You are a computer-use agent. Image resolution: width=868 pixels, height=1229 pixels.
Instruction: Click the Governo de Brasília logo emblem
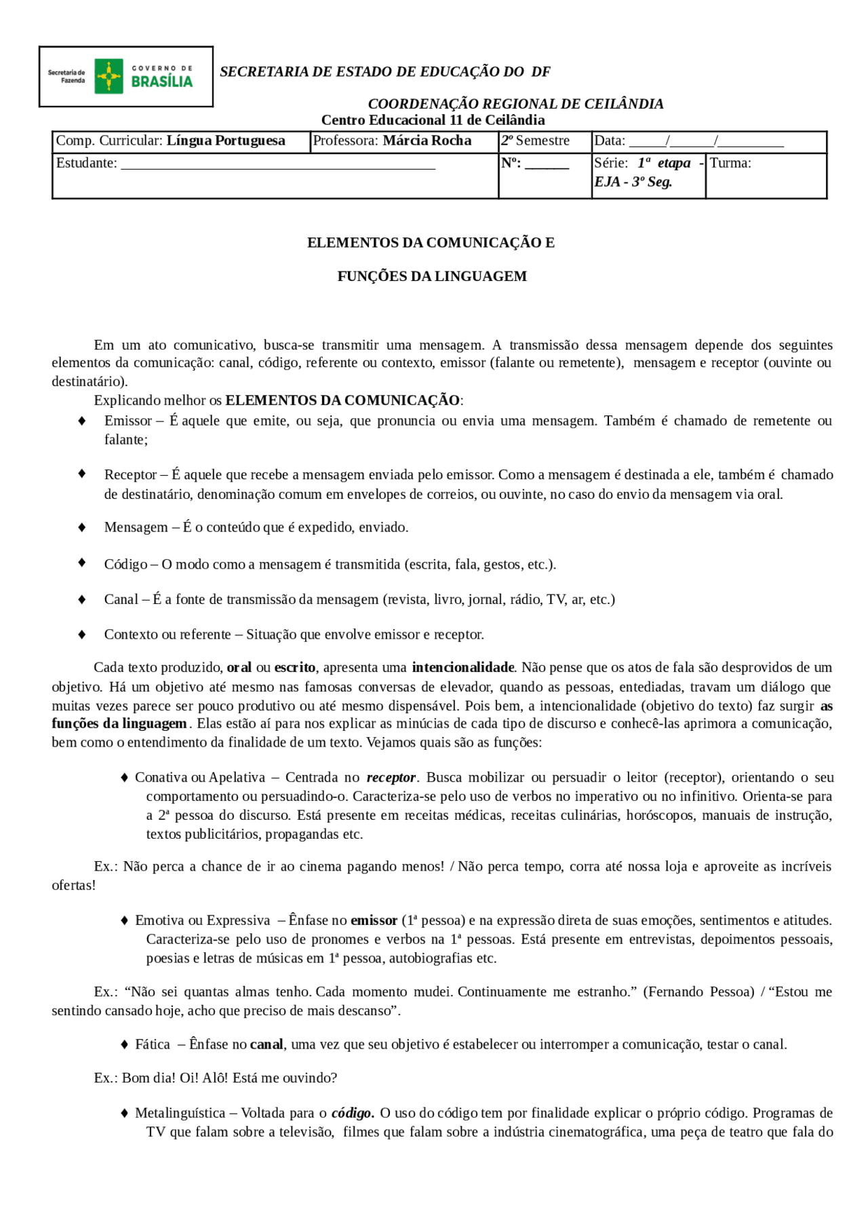[x=108, y=76]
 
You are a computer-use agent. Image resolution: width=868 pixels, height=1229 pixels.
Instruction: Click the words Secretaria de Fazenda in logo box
[x=66, y=76]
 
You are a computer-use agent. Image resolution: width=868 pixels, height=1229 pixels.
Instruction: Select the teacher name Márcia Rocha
[x=427, y=141]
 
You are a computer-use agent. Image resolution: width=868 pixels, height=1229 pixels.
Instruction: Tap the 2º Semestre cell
[x=536, y=141]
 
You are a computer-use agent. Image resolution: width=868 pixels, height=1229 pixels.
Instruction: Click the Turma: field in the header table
[x=730, y=164]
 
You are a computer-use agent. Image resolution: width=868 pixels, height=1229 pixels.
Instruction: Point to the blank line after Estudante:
[x=278, y=165]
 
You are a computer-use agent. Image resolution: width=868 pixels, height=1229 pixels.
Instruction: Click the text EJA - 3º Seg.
[x=633, y=182]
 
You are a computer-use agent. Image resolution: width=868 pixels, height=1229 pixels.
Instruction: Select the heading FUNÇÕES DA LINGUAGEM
[x=432, y=276]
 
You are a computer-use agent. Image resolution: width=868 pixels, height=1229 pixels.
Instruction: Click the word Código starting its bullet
[x=126, y=565]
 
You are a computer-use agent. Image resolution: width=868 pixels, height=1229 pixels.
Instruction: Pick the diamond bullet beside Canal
[x=82, y=599]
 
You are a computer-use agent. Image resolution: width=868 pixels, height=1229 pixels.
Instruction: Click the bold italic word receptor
[x=391, y=778]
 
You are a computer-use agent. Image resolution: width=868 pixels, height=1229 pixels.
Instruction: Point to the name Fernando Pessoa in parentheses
[x=698, y=992]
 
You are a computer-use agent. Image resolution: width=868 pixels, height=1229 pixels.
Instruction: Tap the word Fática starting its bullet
[x=153, y=1044]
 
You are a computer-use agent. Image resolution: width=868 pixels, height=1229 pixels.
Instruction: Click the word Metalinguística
[x=180, y=1113]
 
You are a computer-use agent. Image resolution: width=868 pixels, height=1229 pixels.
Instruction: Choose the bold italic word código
[x=351, y=1113]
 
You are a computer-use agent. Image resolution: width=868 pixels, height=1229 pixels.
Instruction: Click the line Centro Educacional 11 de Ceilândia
[x=433, y=120]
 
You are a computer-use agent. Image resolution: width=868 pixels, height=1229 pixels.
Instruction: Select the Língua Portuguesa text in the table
[x=226, y=141]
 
